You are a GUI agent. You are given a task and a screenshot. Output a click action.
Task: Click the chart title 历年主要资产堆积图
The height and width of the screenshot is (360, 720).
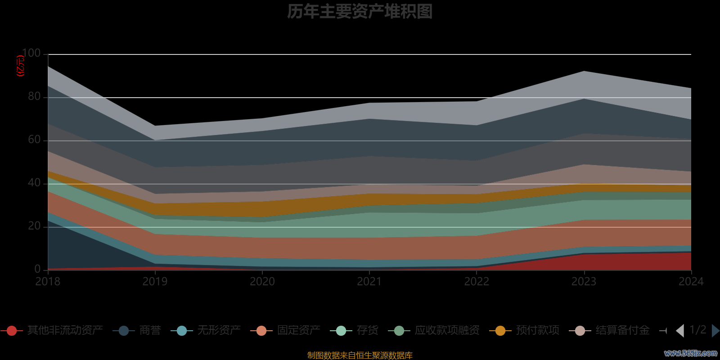click(x=360, y=12)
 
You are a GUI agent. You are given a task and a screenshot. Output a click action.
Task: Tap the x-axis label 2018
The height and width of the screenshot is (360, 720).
click(x=48, y=282)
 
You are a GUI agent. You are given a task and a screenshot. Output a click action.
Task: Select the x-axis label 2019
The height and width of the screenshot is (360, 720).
click(x=155, y=282)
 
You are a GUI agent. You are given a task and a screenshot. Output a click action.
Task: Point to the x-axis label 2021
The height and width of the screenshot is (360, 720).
click(x=369, y=282)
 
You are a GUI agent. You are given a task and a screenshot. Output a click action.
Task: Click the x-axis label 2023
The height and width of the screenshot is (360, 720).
click(x=584, y=282)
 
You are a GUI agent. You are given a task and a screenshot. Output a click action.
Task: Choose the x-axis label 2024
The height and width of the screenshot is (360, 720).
click(x=691, y=282)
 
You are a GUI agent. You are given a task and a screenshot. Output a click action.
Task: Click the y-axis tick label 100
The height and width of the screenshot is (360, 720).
click(x=31, y=54)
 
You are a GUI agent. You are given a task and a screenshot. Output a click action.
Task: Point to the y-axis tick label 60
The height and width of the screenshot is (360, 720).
click(x=34, y=140)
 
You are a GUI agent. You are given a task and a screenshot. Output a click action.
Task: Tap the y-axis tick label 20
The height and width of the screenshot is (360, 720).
click(x=34, y=226)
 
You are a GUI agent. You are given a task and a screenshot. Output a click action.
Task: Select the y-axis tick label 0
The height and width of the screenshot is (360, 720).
click(x=37, y=269)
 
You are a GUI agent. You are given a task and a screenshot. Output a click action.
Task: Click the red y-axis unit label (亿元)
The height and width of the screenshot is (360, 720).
click(x=20, y=66)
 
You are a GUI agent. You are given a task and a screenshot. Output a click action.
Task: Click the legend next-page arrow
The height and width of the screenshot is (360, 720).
click(x=715, y=331)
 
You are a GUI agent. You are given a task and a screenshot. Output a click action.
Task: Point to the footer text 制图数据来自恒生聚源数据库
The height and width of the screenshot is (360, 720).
click(x=360, y=355)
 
